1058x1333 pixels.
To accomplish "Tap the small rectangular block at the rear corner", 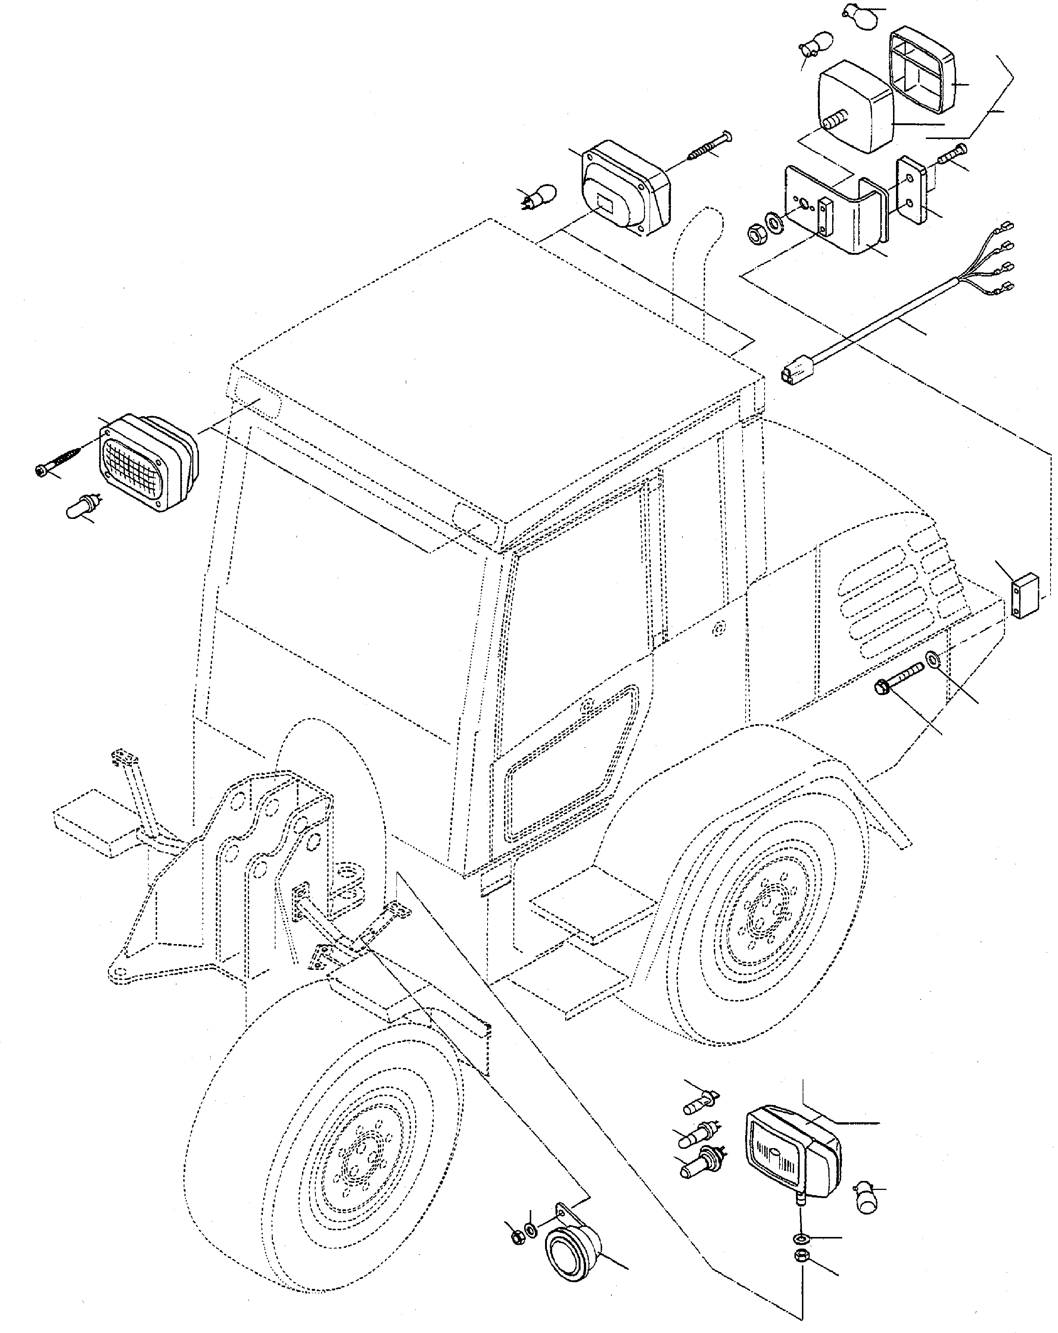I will click(1025, 596).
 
